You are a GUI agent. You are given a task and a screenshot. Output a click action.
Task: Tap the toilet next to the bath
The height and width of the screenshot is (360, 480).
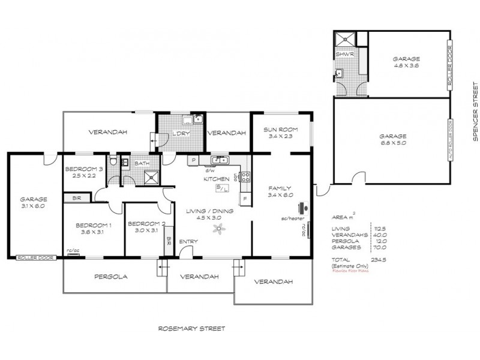tap(112, 162)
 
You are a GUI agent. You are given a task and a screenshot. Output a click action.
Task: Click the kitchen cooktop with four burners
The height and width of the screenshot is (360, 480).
tap(245, 176)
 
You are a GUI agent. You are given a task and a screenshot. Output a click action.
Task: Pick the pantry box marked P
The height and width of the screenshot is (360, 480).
tap(194, 160)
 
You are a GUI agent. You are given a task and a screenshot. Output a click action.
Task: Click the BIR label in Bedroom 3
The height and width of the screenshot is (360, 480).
tap(77, 197)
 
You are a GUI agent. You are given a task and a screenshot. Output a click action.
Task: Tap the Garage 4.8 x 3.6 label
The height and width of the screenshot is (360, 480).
tap(406, 62)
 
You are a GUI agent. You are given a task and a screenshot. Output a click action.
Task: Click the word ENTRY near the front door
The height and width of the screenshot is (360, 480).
tap(188, 242)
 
